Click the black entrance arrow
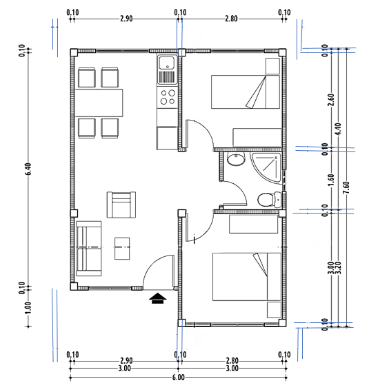pyautogui.click(x=158, y=298)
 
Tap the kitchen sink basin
pyautogui.click(x=167, y=63)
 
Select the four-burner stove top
pyautogui.click(x=168, y=96)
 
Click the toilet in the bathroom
pyautogui.click(x=269, y=199)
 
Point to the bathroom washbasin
pyautogui.click(x=236, y=159)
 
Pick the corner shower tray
pyautogui.click(x=266, y=167)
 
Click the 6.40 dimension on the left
pyautogui.click(x=28, y=169)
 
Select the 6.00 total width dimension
pyautogui.click(x=178, y=377)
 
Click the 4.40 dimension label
pyautogui.click(x=338, y=129)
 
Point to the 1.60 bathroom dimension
pyautogui.click(x=331, y=180)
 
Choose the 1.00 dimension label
pyautogui.click(x=28, y=308)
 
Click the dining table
pyautogui.click(x=99, y=103)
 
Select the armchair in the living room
pyautogui.click(x=121, y=205)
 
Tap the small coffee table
pyautogui.click(x=122, y=248)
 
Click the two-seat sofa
pyautogui.click(x=89, y=249)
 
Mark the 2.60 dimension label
pyautogui.click(x=331, y=100)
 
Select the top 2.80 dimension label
pyautogui.click(x=231, y=19)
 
